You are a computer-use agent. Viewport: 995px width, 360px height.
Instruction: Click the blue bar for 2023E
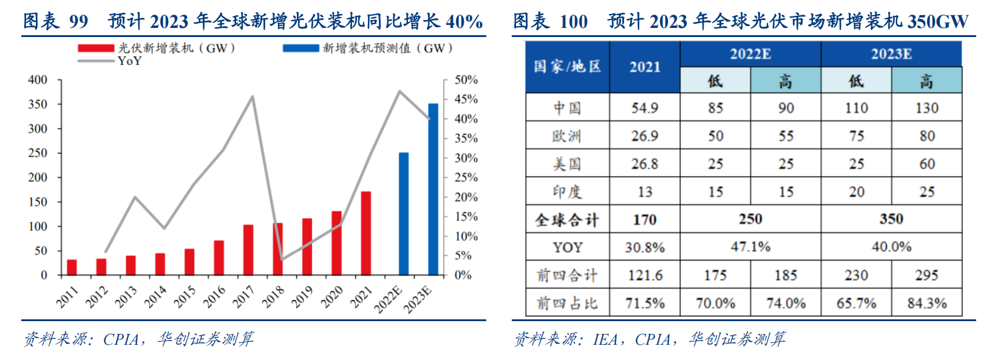433,189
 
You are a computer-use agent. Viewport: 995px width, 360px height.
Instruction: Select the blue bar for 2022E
404,214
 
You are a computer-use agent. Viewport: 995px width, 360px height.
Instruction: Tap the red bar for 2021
366,234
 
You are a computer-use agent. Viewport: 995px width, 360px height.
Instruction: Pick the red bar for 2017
248,250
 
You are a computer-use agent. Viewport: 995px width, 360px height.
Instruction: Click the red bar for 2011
72,267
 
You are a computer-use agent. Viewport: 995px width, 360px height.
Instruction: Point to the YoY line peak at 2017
253,97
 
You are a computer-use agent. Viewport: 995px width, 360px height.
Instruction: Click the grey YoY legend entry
109,61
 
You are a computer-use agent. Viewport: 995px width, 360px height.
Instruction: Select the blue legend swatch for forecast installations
301,48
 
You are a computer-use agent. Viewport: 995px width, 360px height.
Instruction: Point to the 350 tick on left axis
38,104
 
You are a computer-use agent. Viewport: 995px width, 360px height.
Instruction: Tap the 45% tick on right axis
466,99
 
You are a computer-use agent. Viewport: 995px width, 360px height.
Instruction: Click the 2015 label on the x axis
185,296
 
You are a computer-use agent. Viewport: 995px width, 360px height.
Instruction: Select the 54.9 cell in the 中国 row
644,108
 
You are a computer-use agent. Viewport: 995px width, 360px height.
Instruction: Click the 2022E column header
750,54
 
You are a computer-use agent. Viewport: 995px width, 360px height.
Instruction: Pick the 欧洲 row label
567,136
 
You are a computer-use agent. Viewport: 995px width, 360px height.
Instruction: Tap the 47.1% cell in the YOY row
750,247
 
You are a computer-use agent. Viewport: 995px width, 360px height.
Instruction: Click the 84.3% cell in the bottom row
926,303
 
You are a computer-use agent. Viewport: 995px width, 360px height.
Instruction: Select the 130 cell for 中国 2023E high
926,108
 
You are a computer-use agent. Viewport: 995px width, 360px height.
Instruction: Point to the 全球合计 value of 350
891,219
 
